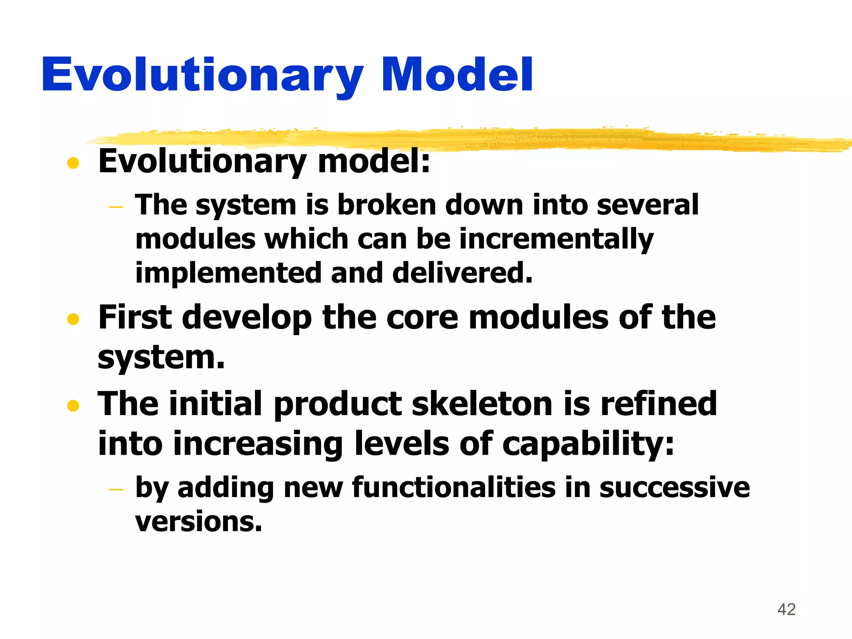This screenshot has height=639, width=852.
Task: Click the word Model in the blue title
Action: click(457, 75)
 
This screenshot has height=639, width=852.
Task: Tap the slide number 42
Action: click(786, 609)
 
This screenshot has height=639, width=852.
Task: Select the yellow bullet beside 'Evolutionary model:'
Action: click(73, 163)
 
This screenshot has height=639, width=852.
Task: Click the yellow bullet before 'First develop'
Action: click(73, 319)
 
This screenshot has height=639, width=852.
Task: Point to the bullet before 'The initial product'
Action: click(73, 405)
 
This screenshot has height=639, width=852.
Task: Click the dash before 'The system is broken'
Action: click(116, 207)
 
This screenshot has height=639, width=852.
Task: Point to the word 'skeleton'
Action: click(482, 404)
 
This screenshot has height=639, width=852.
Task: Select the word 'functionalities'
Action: click(453, 487)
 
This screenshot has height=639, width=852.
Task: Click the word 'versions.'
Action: click(198, 522)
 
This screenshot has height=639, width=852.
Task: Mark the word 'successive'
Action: click(674, 487)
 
